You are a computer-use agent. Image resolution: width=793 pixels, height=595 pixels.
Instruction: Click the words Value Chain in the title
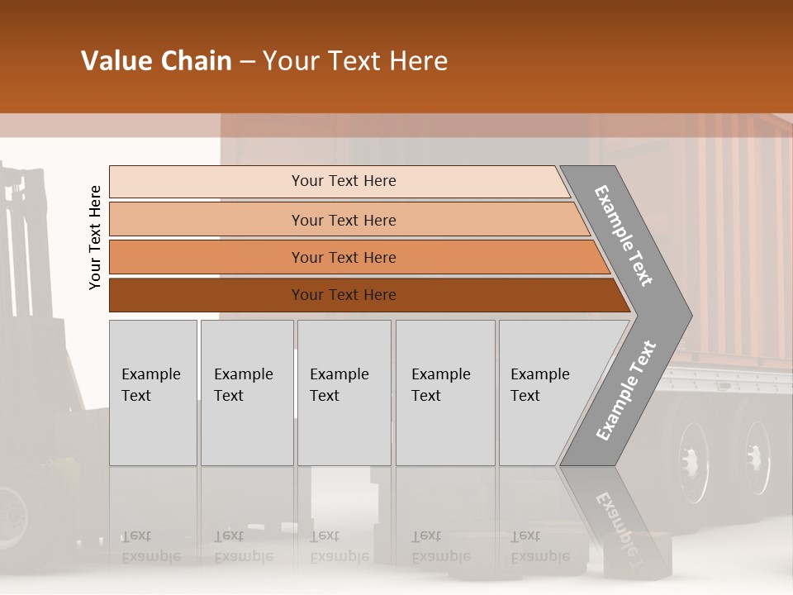156,61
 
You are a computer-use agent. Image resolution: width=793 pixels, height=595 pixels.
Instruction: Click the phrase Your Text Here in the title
355,61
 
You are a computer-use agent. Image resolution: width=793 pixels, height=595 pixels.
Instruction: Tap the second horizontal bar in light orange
344,220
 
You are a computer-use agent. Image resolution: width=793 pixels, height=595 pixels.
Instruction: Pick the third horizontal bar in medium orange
344,257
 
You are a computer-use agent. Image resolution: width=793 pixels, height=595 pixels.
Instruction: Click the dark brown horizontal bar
344,295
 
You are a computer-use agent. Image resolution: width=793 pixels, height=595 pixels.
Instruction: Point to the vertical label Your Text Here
95,237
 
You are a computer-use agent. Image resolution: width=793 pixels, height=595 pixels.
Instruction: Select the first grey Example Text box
153,393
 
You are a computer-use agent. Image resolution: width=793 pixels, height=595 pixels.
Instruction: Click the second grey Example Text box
246,393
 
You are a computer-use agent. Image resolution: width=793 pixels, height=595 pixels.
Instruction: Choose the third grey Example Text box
344,393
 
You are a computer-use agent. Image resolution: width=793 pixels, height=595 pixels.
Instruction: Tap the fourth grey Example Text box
444,393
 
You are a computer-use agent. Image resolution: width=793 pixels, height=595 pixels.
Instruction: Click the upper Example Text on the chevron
624,236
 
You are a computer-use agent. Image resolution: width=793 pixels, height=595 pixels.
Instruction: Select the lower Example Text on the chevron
626,390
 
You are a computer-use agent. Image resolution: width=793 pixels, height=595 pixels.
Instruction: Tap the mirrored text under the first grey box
150,546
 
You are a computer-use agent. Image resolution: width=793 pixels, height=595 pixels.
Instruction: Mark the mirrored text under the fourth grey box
439,546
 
